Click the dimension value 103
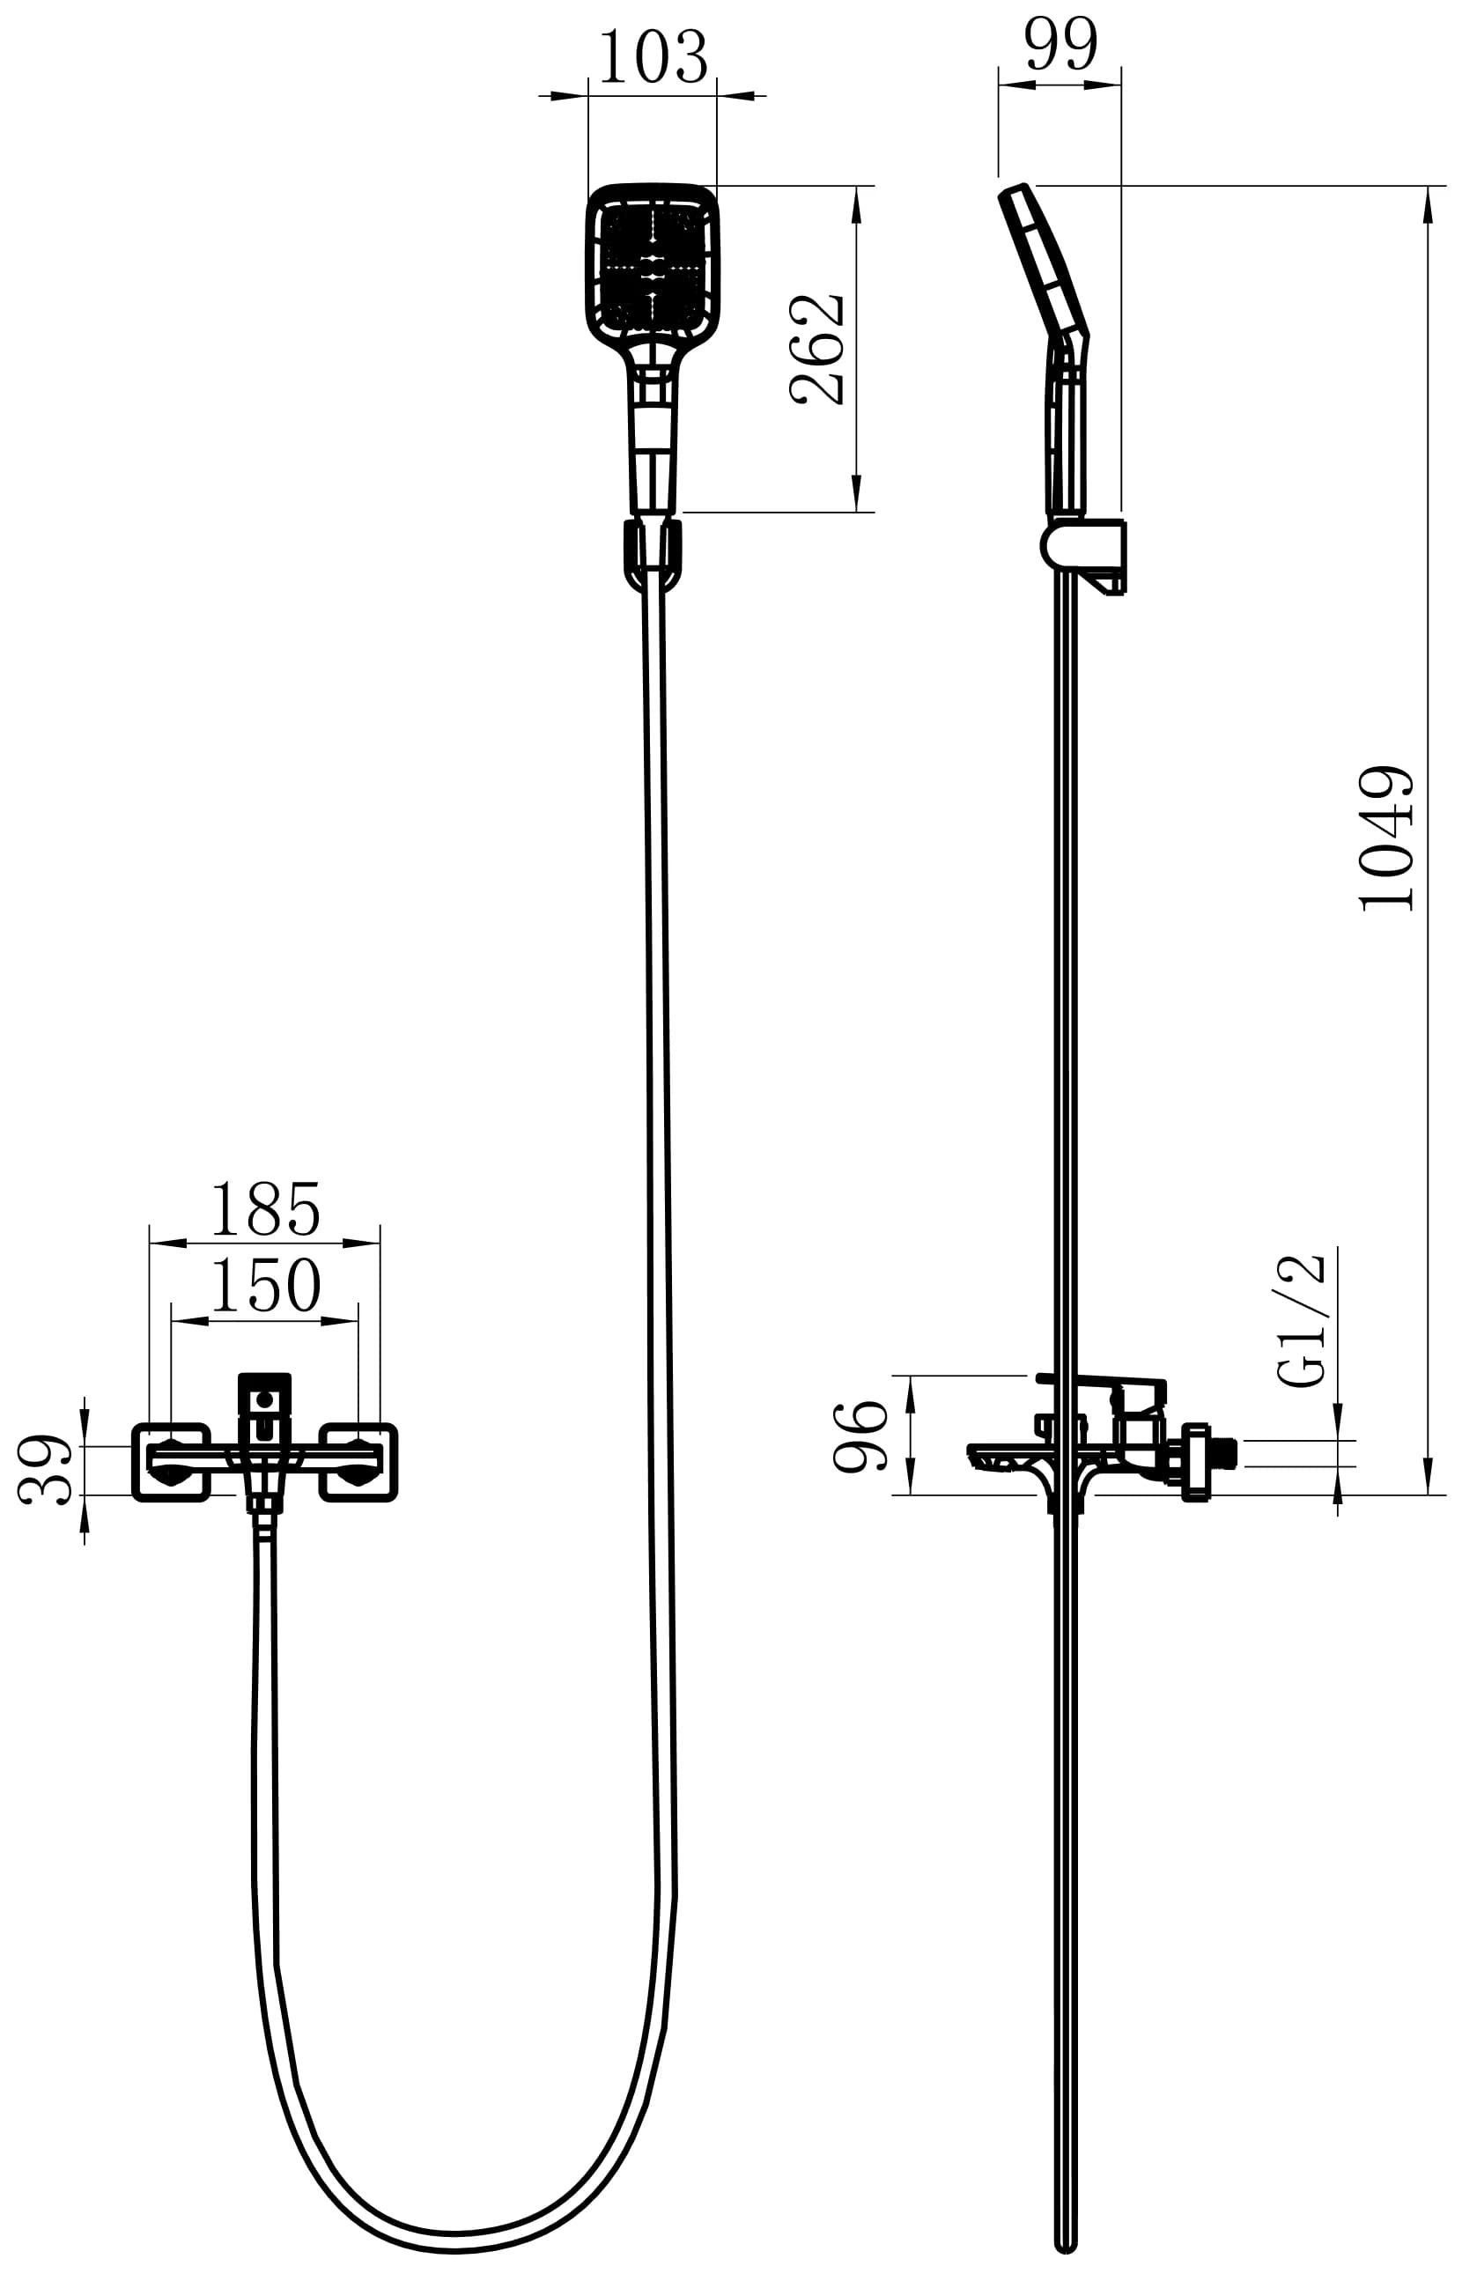[653, 59]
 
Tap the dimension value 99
[1061, 45]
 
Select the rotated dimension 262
[817, 350]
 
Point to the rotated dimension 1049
[1387, 838]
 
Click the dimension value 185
[265, 1209]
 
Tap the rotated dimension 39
[45, 1469]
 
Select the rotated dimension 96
[860, 1436]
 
